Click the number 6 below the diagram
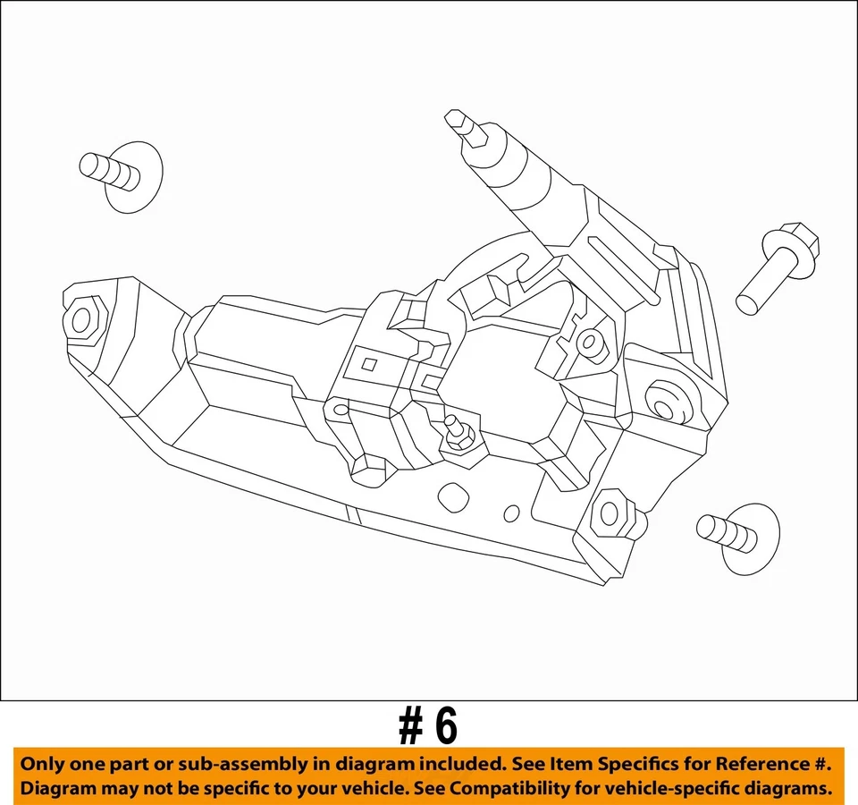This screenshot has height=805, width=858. (x=444, y=728)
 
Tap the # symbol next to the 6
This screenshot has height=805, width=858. (x=411, y=728)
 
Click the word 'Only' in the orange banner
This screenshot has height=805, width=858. (x=43, y=765)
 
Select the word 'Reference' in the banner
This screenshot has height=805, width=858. (x=762, y=765)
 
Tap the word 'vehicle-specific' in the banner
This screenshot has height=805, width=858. (x=688, y=789)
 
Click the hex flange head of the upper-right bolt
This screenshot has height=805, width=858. (x=793, y=243)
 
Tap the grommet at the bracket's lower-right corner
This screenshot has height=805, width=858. (x=612, y=513)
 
